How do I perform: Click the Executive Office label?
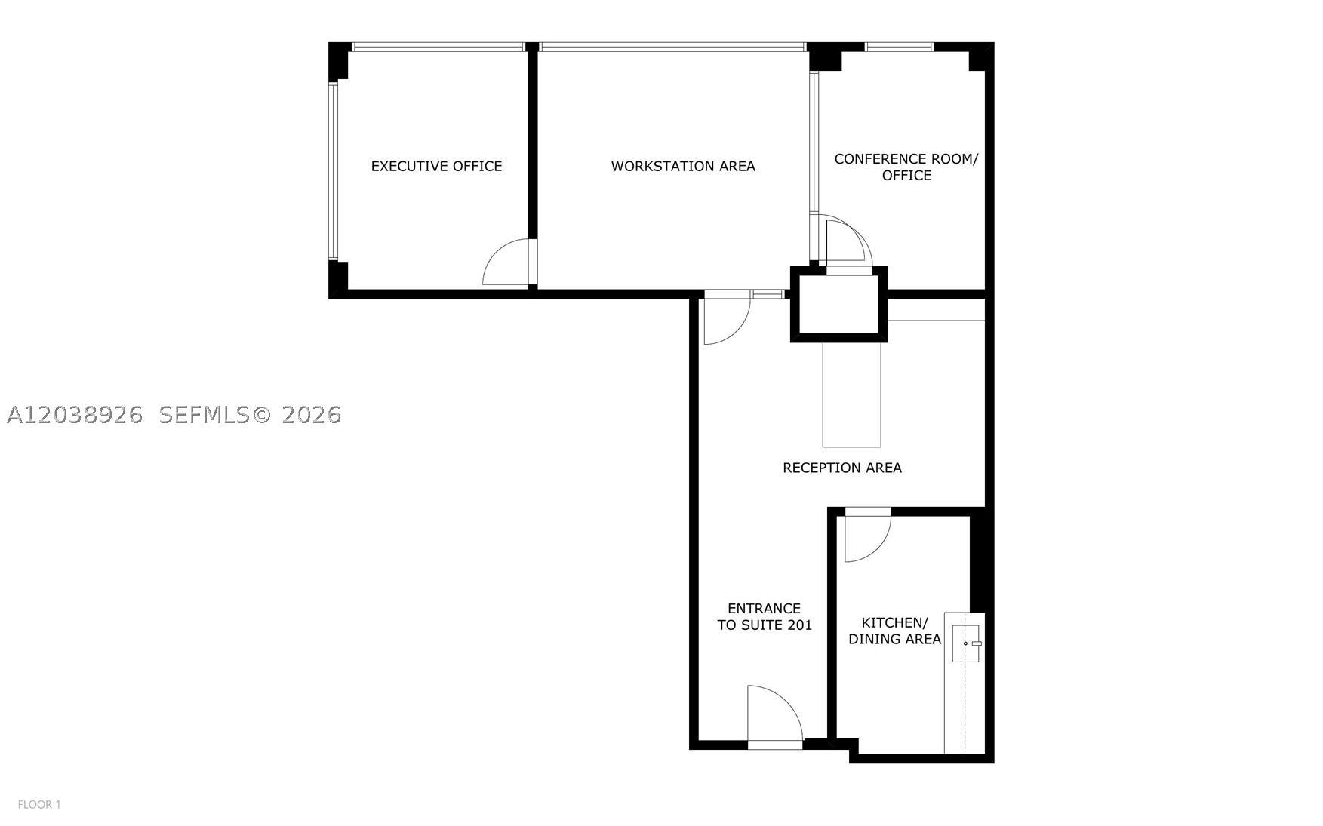click(x=436, y=166)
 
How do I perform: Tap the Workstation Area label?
click(x=683, y=166)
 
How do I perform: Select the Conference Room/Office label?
click(x=906, y=167)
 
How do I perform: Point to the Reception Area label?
click(x=841, y=468)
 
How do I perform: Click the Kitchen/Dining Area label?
click(x=894, y=631)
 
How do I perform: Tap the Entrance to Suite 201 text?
click(x=765, y=616)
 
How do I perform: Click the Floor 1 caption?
click(x=39, y=805)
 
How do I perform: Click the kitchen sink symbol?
click(x=966, y=643)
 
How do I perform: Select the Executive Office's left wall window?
click(x=332, y=171)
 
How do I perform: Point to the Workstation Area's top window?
click(x=672, y=47)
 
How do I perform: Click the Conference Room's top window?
click(x=899, y=47)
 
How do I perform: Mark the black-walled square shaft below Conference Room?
click(x=838, y=304)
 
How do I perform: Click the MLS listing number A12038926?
click(x=75, y=415)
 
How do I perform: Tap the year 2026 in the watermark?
click(x=311, y=415)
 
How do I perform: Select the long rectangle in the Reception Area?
click(x=851, y=395)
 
